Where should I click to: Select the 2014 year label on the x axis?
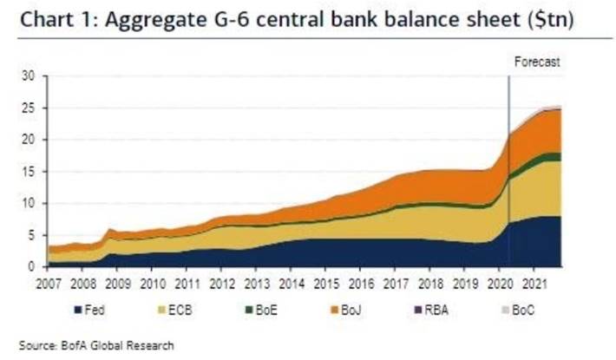tap(291, 282)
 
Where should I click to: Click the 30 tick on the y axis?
tap(28, 76)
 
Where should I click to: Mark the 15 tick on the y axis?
tap(28, 172)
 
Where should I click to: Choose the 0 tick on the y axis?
tap(30, 266)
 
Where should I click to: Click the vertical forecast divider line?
tap(508, 173)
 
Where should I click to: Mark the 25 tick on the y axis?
tap(28, 108)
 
